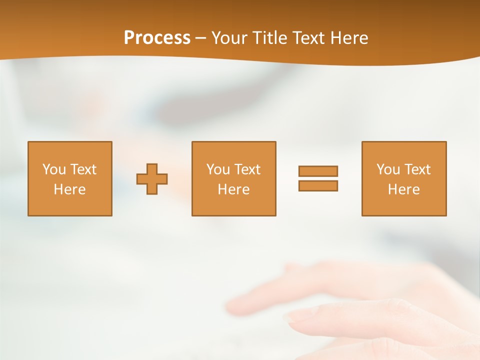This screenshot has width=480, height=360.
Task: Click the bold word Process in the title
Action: point(157,38)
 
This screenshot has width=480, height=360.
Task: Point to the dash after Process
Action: point(200,38)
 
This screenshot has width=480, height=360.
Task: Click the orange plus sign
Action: point(152,179)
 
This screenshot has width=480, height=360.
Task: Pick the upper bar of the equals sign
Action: point(318,171)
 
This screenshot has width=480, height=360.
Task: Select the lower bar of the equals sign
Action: point(318,185)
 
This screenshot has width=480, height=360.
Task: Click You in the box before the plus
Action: point(54,169)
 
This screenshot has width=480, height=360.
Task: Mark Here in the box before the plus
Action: point(69,189)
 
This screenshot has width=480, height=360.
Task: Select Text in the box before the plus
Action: point(83,169)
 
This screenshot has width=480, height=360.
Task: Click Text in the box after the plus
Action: point(247,169)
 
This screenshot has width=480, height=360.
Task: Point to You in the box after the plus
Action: point(218,169)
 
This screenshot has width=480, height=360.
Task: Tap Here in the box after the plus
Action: point(233,189)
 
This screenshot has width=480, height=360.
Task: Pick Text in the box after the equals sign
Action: point(417,169)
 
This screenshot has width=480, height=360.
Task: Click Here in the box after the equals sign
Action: point(403,189)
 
